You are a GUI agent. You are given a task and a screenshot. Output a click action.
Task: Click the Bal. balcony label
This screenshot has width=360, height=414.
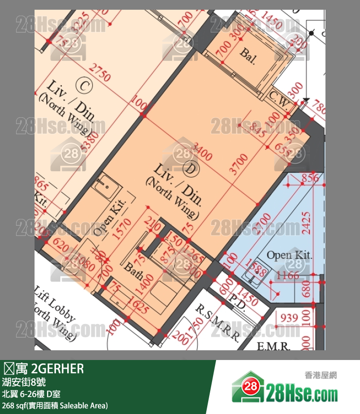[x=248, y=53]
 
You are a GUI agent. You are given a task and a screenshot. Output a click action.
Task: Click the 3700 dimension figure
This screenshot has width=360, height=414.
[x=239, y=164]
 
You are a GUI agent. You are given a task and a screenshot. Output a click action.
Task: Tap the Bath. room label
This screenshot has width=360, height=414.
[x=133, y=271]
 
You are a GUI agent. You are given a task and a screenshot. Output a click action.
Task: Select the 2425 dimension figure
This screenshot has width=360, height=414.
[x=306, y=223]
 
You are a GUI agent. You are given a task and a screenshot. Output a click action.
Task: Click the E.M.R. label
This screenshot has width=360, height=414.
[x=273, y=346]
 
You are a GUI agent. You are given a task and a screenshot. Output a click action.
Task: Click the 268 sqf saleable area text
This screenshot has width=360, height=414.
[x=55, y=405]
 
